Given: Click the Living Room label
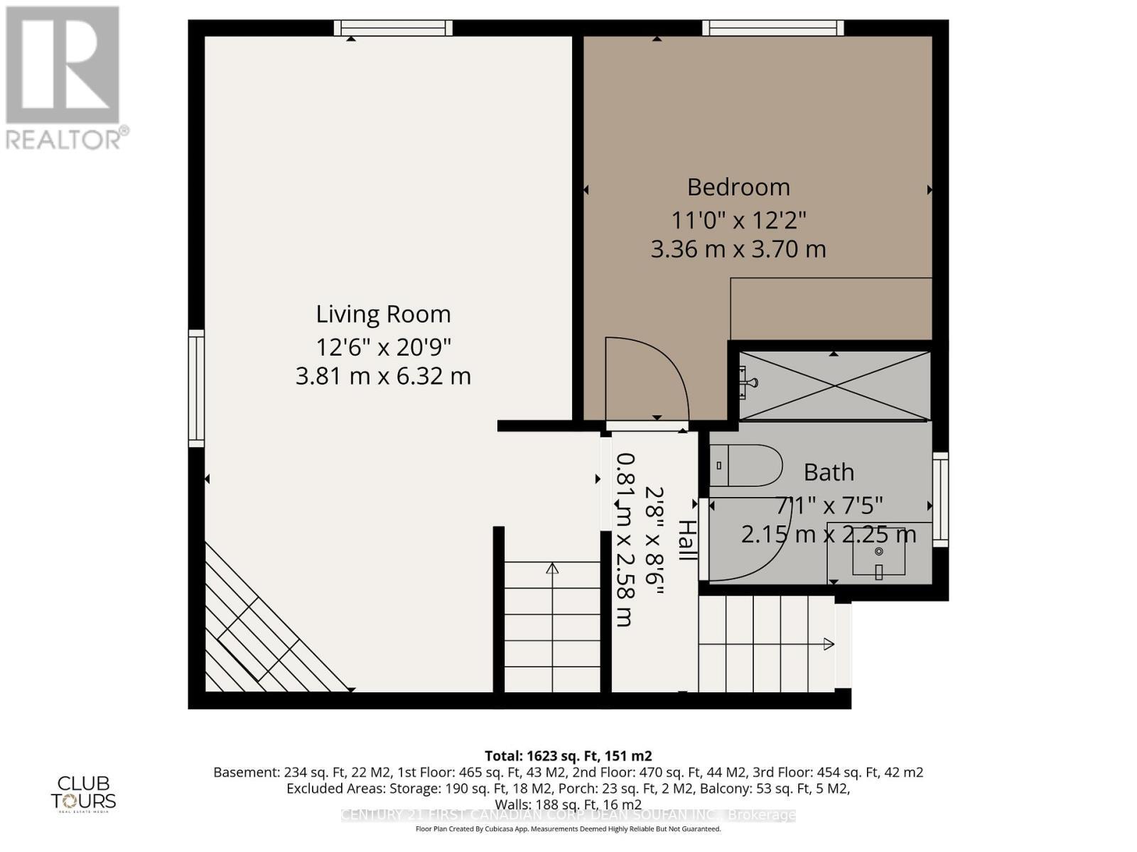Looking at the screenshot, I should (x=383, y=314).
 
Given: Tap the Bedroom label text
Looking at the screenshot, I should (x=738, y=187).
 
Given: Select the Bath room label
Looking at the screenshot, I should (x=829, y=472).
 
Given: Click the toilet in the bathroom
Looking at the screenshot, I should (x=746, y=466).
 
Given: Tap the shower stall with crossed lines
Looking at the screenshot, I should (x=834, y=386).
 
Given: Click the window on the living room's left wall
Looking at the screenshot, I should (x=196, y=388).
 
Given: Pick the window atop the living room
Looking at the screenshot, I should (x=393, y=28).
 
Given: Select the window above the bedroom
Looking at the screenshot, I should (x=772, y=28).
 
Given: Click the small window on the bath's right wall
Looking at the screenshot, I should (x=940, y=498).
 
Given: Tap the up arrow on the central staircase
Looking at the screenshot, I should (x=552, y=568).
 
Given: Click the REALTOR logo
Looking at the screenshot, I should (x=65, y=78).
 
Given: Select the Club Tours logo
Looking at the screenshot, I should (x=83, y=793).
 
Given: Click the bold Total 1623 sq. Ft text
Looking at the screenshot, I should (x=568, y=755).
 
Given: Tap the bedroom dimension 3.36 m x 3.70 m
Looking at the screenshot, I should (x=738, y=249).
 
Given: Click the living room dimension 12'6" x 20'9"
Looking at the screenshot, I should (x=383, y=347).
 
